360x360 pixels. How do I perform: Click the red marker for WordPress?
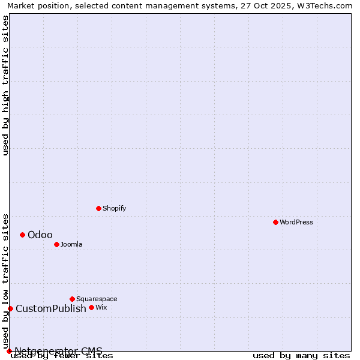tap(275, 222)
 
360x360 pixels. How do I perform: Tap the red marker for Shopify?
tap(98, 208)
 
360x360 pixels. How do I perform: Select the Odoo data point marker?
tap(22, 235)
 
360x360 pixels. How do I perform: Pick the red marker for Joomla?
tap(56, 244)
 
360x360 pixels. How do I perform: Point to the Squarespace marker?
tap(72, 299)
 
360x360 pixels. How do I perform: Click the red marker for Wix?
tap(91, 307)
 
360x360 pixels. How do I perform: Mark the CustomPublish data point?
tap(10, 308)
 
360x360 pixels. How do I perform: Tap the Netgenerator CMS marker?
tap(9, 351)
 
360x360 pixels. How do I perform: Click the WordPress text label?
tap(296, 222)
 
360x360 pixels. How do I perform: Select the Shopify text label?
tap(114, 208)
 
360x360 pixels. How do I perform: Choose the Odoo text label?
tap(40, 235)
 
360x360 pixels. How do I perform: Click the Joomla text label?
tap(71, 244)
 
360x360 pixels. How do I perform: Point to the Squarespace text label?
tap(97, 299)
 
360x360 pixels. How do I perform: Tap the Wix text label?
tap(101, 307)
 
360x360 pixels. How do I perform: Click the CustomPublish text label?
tap(51, 308)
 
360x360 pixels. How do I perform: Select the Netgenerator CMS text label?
tap(59, 351)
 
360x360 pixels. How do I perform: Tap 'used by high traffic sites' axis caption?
tap(6, 85)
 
